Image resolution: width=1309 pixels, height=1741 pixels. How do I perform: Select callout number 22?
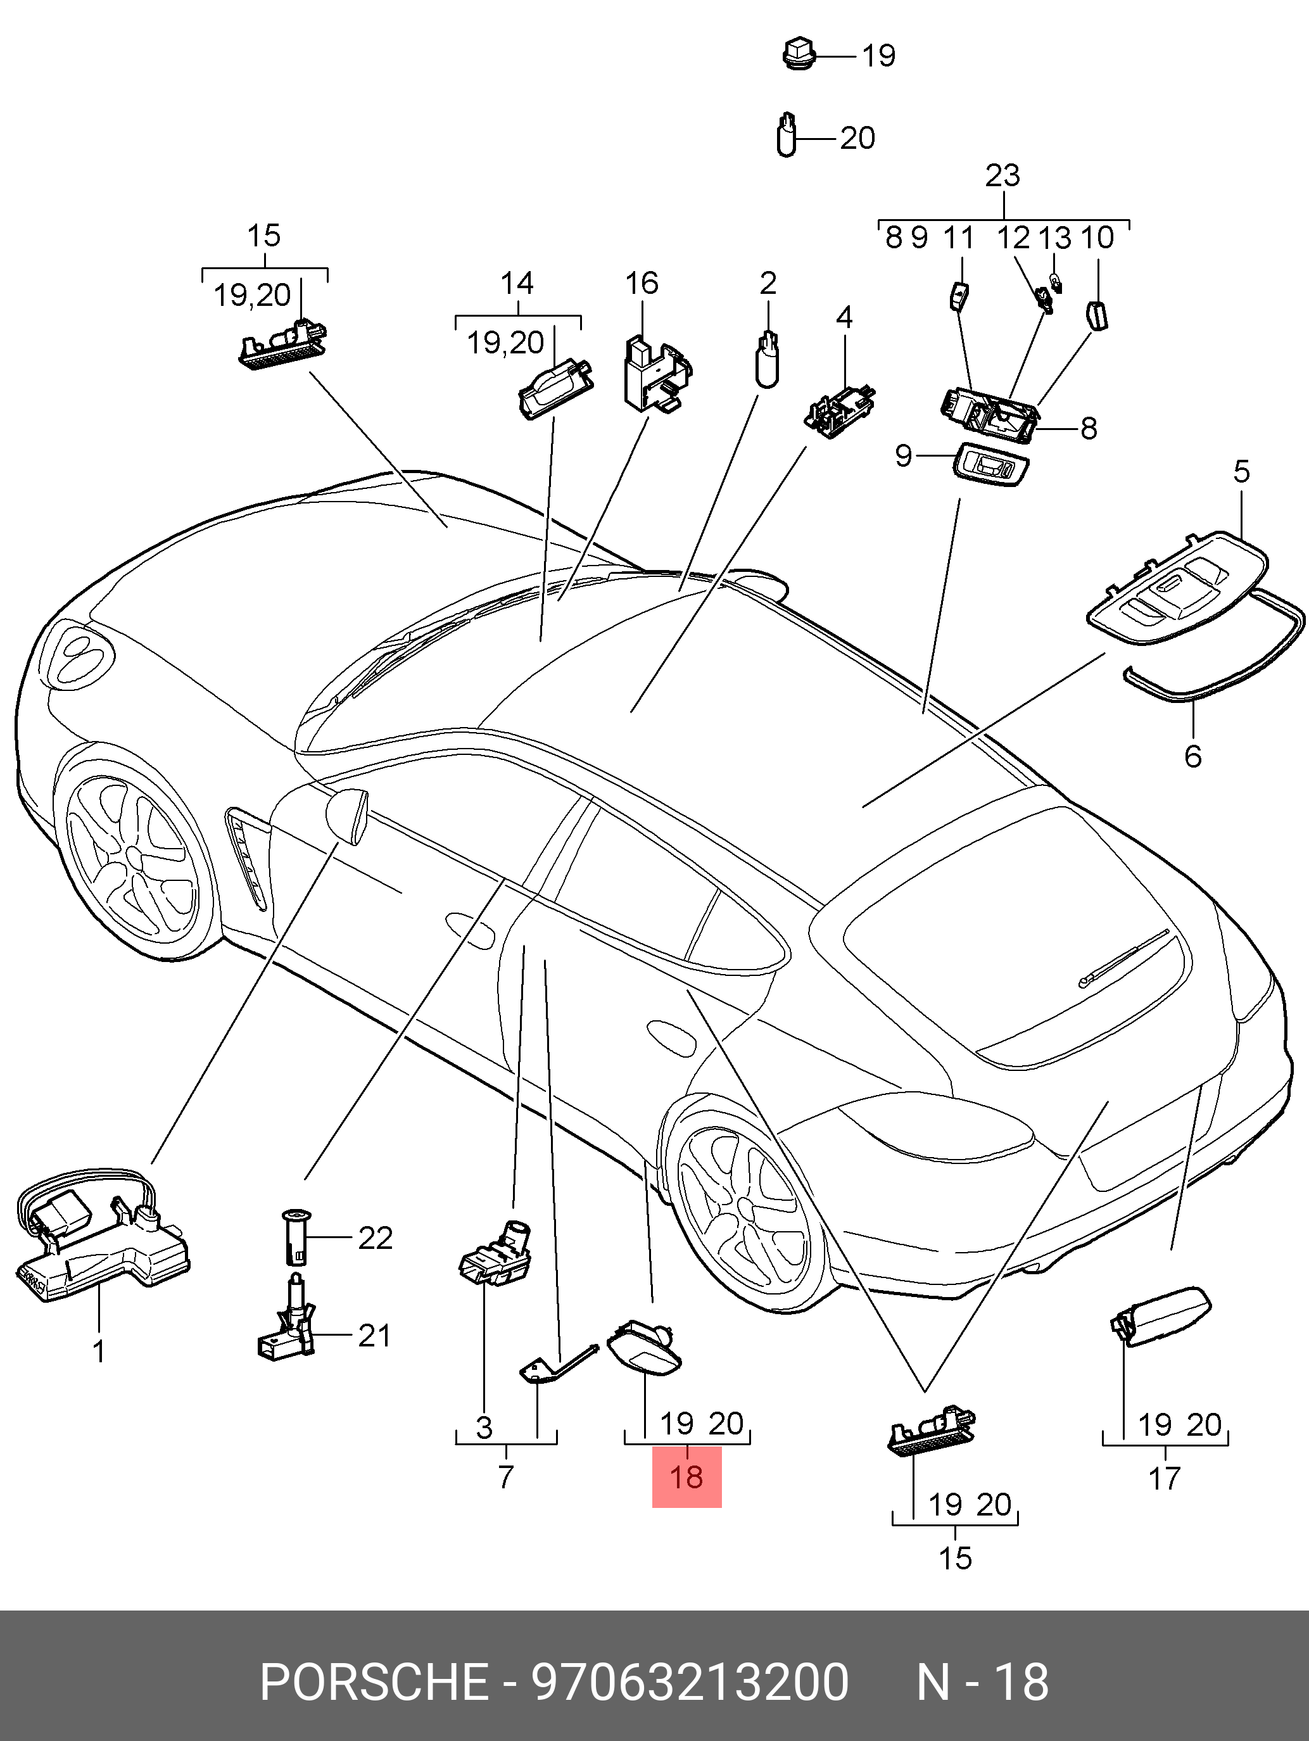coord(375,1238)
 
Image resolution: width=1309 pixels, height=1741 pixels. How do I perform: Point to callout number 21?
coord(374,1336)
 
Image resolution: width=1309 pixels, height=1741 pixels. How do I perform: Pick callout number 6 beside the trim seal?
coord(1192,756)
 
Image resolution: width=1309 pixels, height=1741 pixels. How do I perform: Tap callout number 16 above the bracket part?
coord(642,283)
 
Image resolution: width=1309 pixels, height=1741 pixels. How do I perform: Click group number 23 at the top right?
coord(1002,175)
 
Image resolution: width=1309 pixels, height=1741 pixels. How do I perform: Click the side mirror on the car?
coord(348,814)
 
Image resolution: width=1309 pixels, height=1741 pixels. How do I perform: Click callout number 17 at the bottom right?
coord(1164,1478)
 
